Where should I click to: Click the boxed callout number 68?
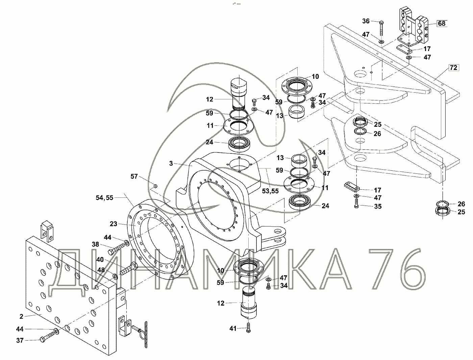[x=442, y=23]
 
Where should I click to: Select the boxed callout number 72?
[x=453, y=68]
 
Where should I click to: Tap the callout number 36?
[x=366, y=21]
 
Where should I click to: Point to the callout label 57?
[x=134, y=176]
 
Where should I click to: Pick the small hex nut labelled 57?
[x=155, y=186]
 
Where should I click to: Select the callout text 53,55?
[x=270, y=191]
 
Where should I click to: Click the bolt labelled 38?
[x=117, y=250]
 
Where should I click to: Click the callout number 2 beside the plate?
[x=21, y=316]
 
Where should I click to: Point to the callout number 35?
[x=377, y=206]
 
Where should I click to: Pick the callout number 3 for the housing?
[x=171, y=163]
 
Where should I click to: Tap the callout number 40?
[x=100, y=260]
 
